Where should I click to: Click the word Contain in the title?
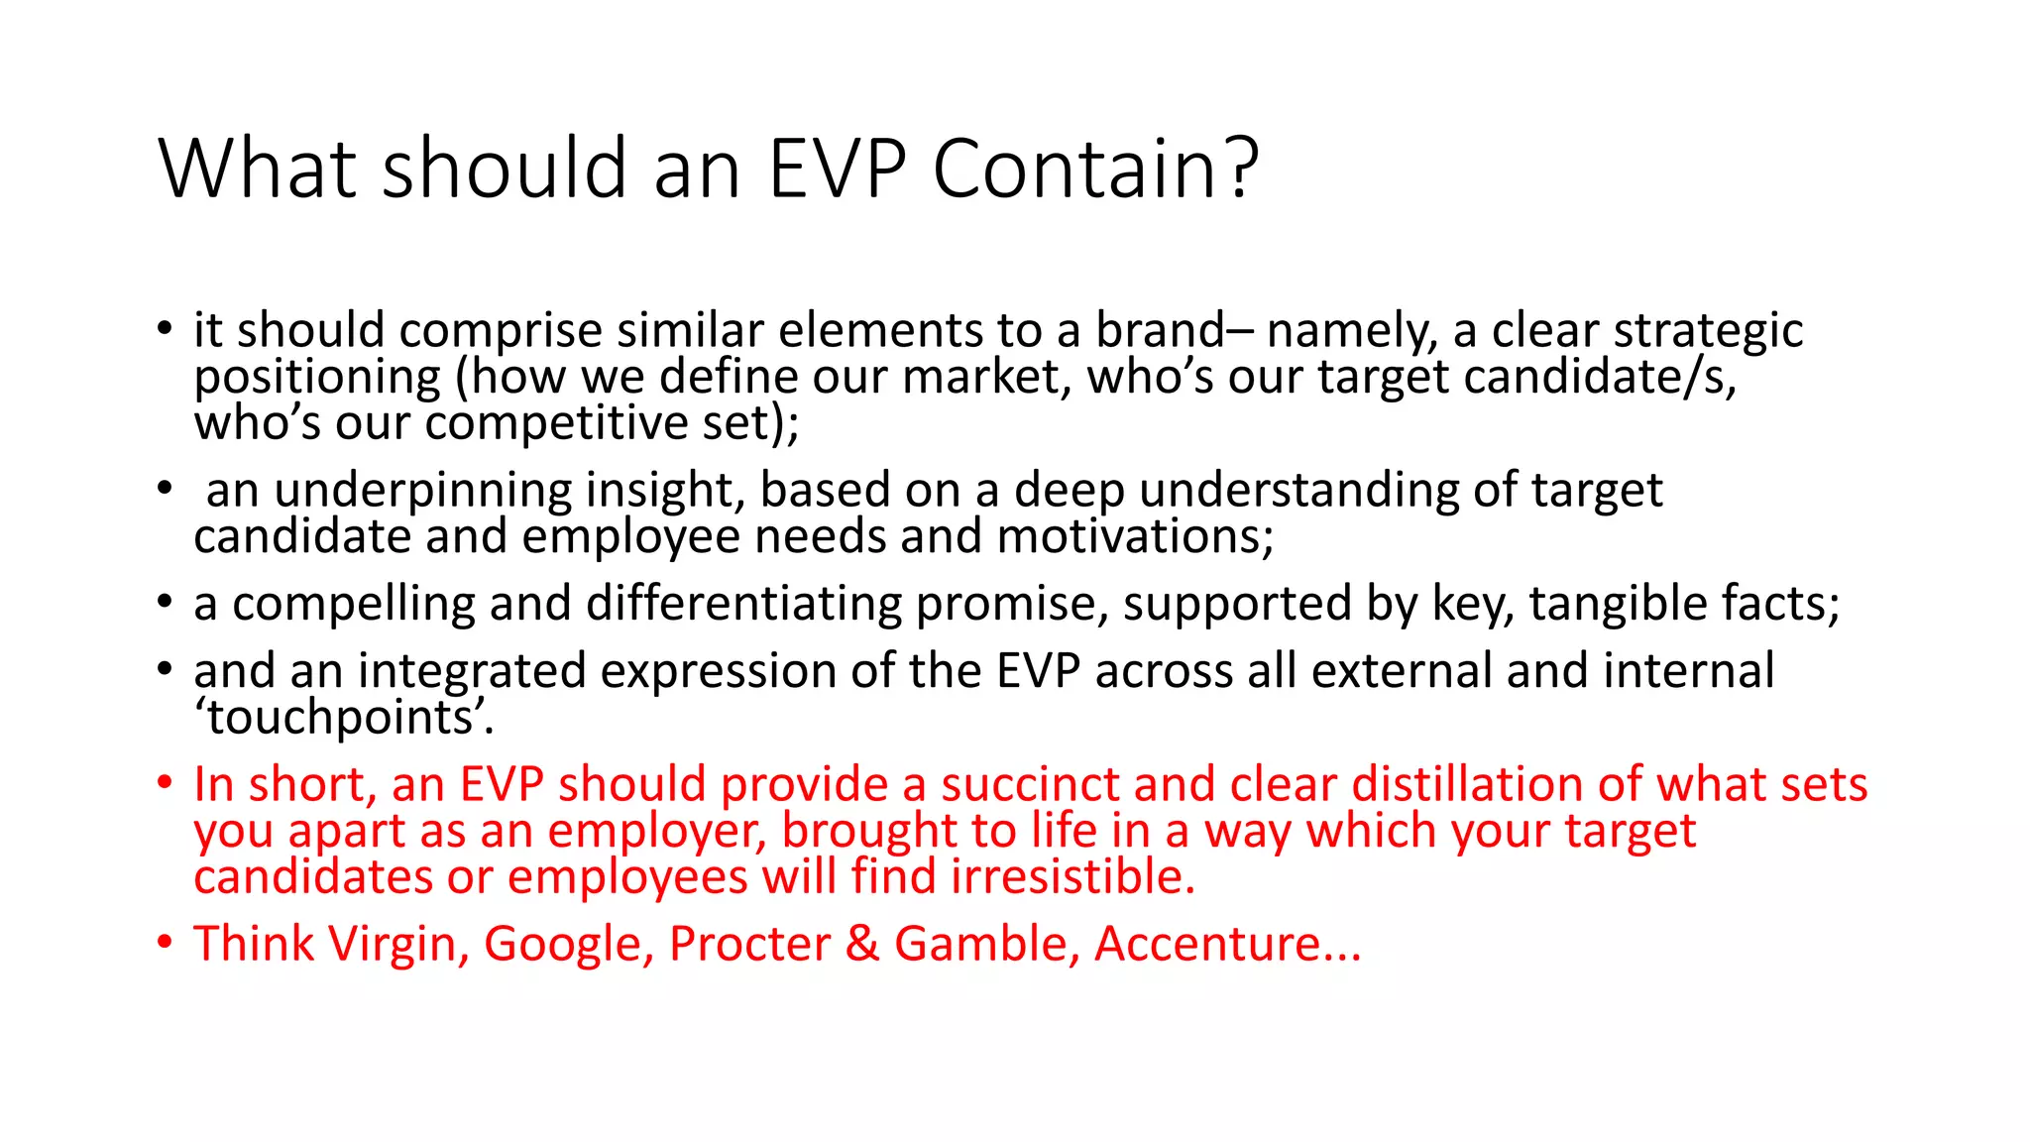coord(1076,169)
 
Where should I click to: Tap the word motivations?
coord(1134,537)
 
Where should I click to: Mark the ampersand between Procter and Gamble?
coord(862,944)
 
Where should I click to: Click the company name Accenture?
coord(1227,944)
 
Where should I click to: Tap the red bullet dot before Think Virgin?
coord(165,942)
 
